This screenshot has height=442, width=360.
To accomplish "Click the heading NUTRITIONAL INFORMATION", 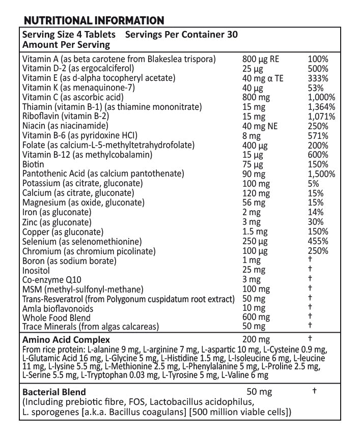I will [94, 21].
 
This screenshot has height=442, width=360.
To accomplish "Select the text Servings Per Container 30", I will [181, 35].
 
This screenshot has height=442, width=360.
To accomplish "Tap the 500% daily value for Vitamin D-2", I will [318, 69].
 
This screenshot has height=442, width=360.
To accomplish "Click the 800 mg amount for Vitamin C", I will [256, 97].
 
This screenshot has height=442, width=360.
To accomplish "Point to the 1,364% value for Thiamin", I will [321, 107].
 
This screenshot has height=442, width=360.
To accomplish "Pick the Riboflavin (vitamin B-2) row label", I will [66, 116].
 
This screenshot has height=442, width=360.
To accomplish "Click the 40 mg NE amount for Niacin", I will [260, 126].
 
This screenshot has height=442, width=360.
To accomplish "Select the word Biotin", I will [33, 164].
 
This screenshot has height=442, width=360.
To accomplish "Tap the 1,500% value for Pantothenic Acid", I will [321, 174].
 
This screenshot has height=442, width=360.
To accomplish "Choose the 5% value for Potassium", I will [314, 184].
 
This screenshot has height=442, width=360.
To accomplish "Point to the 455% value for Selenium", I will [318, 241].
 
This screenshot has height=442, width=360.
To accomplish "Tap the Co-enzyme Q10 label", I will [51, 280].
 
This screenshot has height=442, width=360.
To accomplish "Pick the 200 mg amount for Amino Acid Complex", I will [256, 339].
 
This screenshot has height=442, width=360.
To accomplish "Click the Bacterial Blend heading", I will [54, 392].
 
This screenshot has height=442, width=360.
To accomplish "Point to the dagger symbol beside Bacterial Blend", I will [314, 391].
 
